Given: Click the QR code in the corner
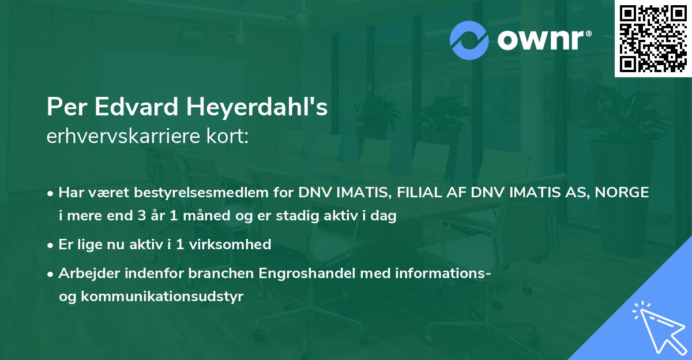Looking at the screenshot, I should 653,38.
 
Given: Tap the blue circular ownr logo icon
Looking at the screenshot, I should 470,40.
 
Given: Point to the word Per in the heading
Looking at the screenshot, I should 64,108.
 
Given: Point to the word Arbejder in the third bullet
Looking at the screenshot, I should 85,273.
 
